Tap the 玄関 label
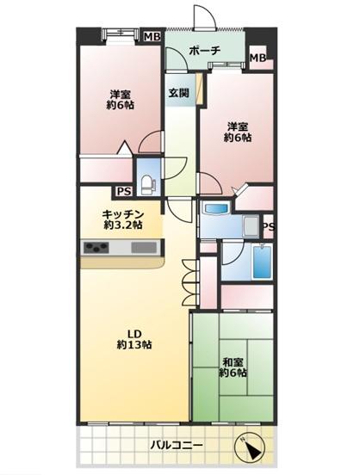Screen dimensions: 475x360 [178, 92]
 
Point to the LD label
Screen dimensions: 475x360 [134, 332]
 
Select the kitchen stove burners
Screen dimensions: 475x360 [96, 249]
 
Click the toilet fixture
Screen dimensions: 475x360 [149, 182]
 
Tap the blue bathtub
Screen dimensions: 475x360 [263, 262]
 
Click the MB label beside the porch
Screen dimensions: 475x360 [258, 59]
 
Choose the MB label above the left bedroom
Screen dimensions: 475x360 [152, 36]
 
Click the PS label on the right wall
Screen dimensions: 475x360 [268, 227]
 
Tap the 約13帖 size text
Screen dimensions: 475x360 [134, 345]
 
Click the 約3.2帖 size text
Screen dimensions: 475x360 [121, 225]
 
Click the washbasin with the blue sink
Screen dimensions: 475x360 [214, 209]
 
